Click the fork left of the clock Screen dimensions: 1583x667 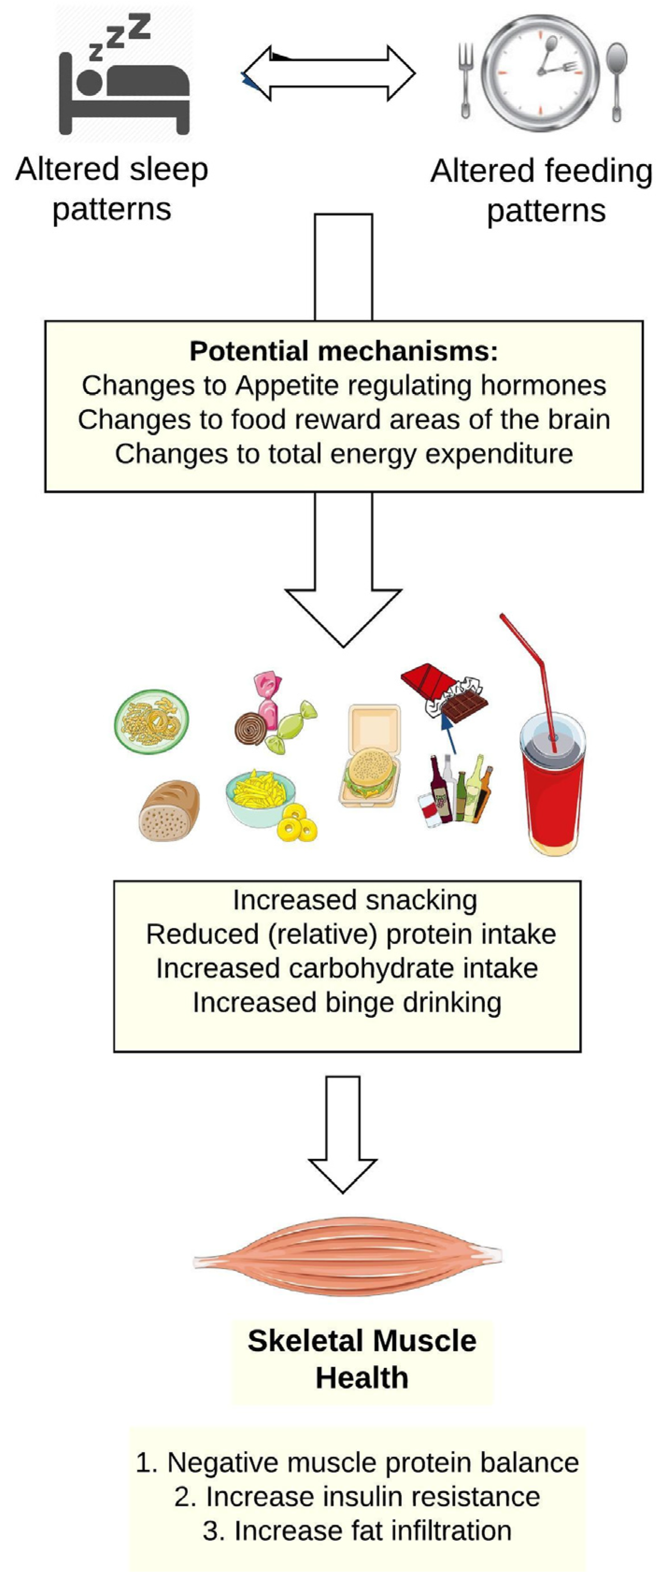coord(466,79)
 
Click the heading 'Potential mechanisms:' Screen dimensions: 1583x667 coord(343,351)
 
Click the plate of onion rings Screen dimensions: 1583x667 coord(152,721)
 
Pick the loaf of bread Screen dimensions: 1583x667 coord(169,810)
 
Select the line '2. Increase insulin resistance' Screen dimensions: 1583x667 coord(357,1497)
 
